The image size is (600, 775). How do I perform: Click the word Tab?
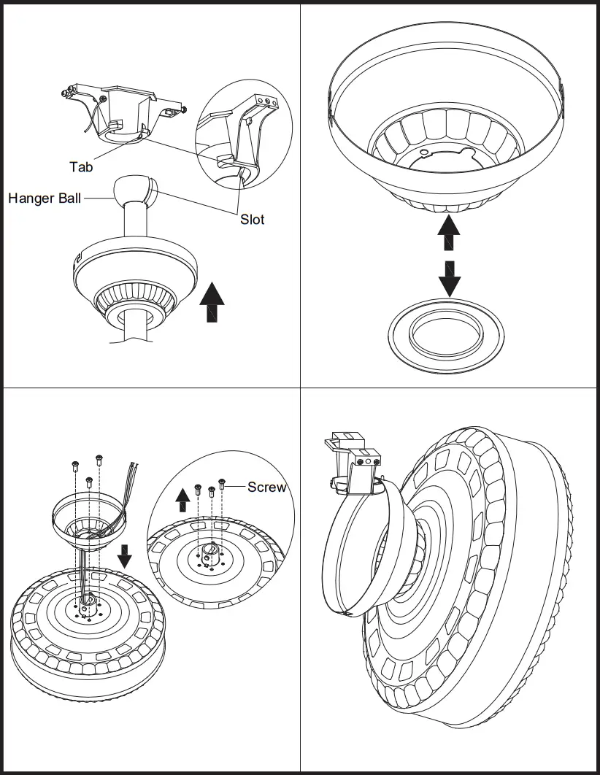pos(81,167)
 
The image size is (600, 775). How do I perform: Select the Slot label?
pos(253,219)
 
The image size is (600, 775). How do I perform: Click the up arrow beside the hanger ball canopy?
pos(212,304)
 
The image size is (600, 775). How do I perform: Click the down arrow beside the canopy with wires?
pos(125,555)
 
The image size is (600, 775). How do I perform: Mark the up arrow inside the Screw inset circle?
pos(183,500)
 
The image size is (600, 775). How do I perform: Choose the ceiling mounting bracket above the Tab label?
pos(124,109)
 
